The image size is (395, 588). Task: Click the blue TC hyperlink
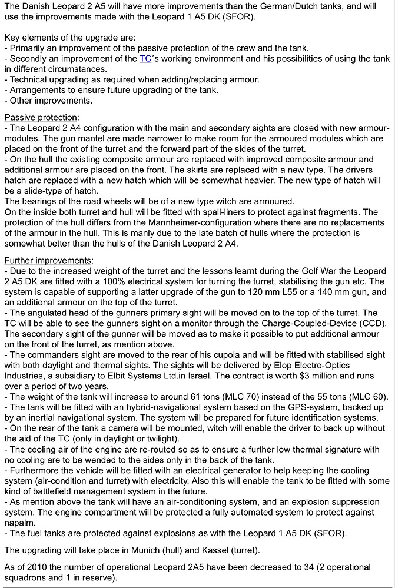coord(145,58)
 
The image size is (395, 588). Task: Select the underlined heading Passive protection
coord(41,117)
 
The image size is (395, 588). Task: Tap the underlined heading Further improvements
coord(48,260)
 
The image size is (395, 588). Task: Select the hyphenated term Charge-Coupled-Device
coord(259,324)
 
